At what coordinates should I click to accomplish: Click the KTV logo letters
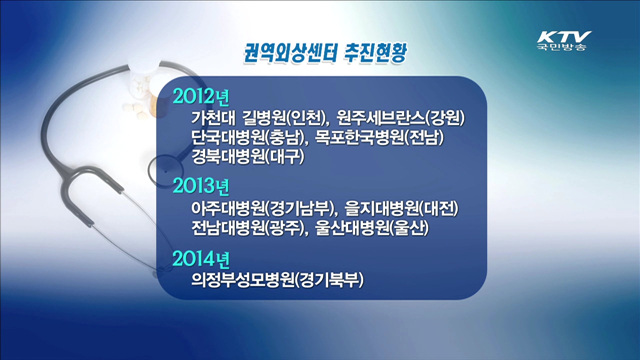(x=562, y=31)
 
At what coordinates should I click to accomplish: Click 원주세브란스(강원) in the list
(x=401, y=119)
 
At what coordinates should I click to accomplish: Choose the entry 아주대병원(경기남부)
(x=263, y=209)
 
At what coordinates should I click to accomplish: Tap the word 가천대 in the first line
(x=214, y=119)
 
